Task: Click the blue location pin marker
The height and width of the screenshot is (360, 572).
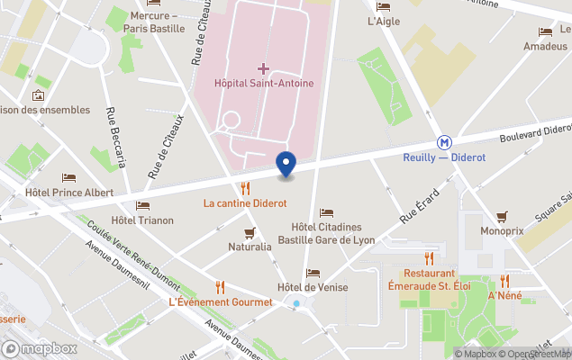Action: (286, 164)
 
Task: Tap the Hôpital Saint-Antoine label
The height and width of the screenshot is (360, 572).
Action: (264, 84)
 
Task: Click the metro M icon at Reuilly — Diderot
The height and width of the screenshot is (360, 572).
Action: (444, 142)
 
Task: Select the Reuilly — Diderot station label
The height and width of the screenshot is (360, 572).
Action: (444, 157)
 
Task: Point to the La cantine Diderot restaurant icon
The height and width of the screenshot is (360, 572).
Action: (245, 188)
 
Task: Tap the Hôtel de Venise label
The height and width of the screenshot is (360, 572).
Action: (313, 287)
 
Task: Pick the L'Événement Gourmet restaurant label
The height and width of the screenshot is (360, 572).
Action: (221, 301)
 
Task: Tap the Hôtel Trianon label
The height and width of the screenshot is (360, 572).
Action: (142, 220)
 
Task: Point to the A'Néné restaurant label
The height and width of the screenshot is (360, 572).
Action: (504, 295)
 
